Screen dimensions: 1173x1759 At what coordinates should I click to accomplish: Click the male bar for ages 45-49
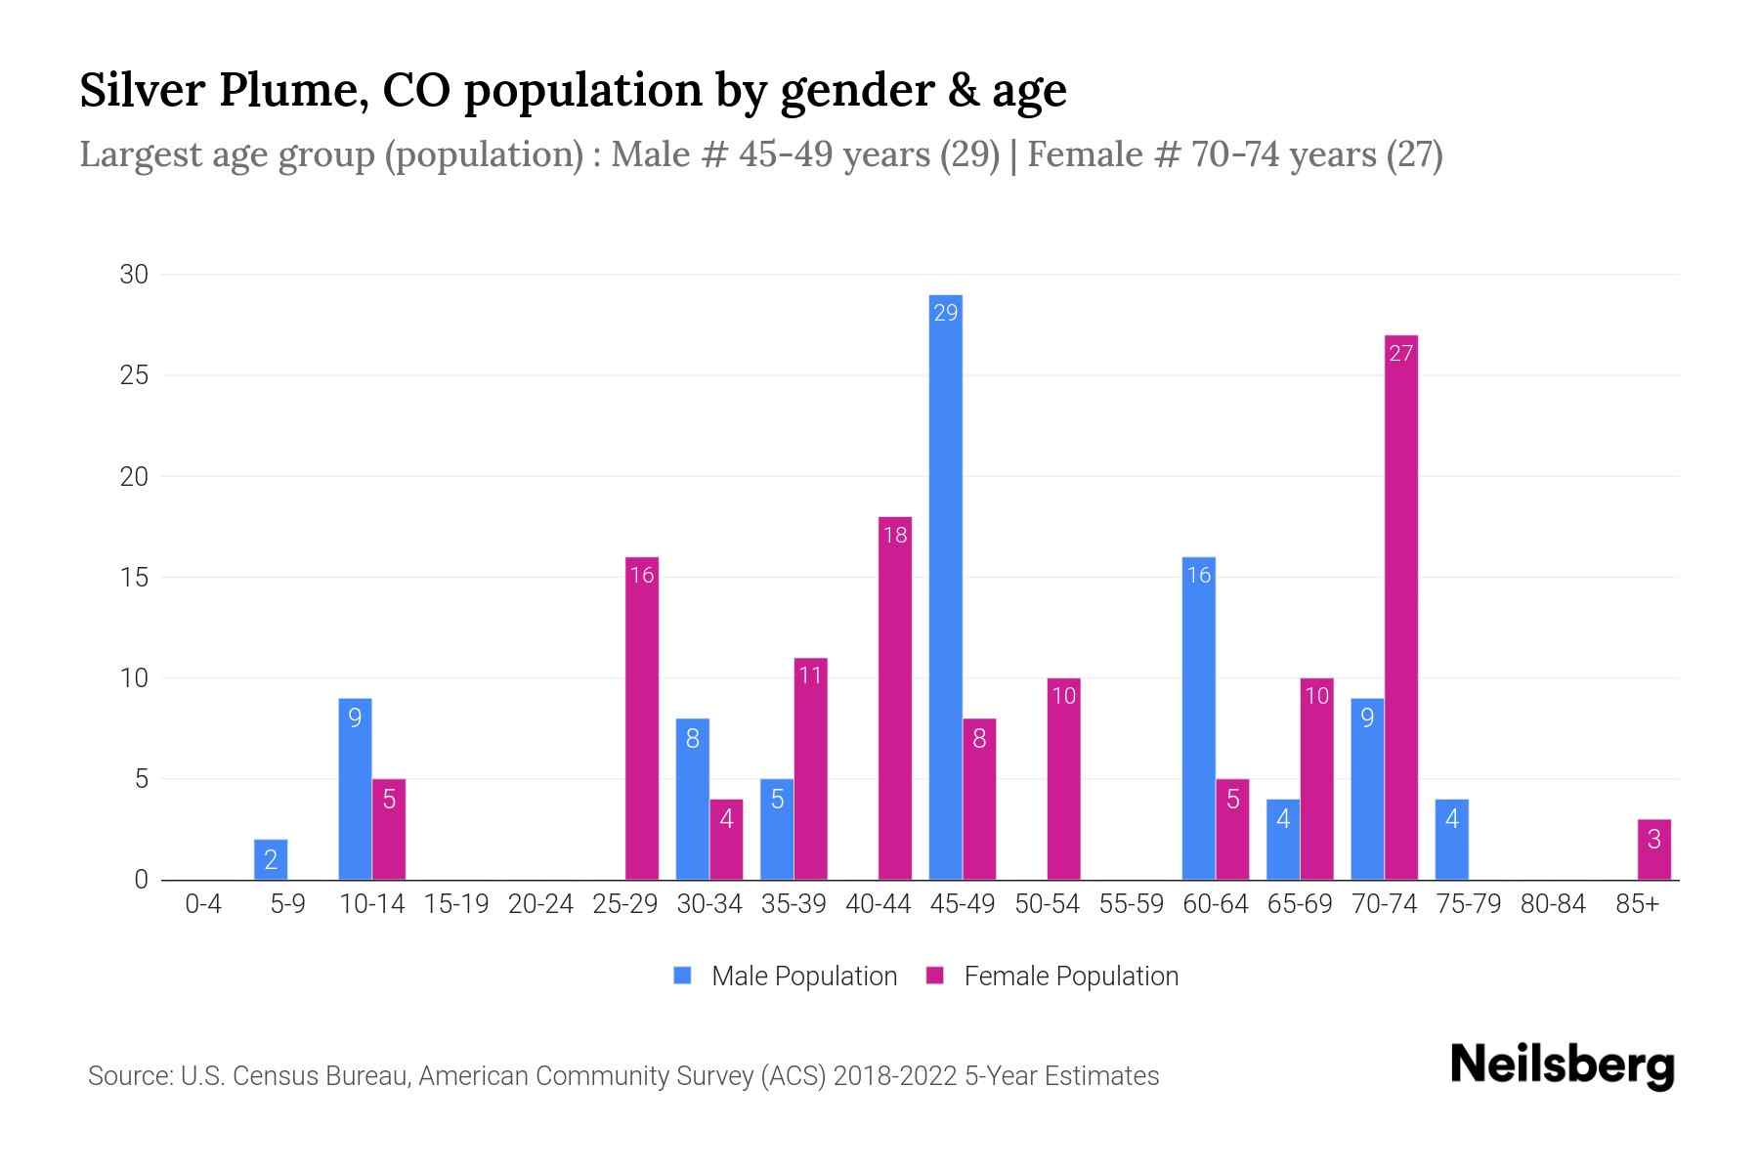(945, 586)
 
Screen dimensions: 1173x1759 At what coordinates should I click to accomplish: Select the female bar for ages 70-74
(1401, 607)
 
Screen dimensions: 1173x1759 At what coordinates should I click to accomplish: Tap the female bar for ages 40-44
(895, 698)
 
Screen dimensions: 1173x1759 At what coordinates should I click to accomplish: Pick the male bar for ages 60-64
(1199, 718)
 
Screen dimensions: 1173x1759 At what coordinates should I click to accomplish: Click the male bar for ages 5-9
(271, 859)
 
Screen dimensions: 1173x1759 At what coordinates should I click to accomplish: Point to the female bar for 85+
(1654, 849)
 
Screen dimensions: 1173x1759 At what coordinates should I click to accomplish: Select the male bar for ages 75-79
(1452, 840)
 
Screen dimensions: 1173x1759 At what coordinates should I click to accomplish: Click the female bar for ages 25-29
(642, 718)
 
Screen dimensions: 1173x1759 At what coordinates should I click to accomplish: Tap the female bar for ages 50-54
(1064, 779)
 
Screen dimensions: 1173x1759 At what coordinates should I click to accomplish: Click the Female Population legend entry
(1052, 977)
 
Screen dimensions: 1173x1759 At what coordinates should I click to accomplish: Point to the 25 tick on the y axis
(134, 375)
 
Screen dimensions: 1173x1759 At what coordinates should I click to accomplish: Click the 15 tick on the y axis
(134, 577)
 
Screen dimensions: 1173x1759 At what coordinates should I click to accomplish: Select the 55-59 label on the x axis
(1132, 904)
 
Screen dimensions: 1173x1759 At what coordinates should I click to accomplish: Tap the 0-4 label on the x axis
(203, 904)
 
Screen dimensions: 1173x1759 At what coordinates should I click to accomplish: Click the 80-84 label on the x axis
(1554, 904)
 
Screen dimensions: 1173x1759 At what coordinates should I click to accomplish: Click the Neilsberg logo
(1563, 1064)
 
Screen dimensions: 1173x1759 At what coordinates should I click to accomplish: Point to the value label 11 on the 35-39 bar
(810, 674)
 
